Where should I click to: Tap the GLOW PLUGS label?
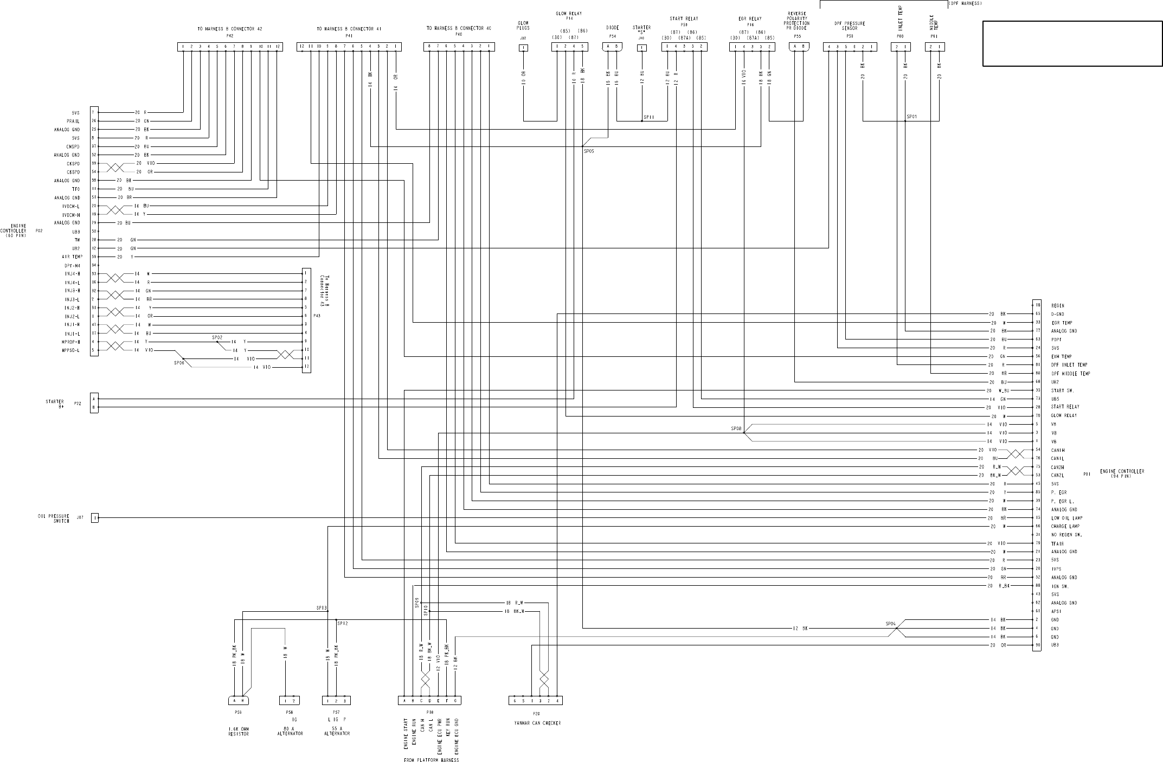pyautogui.click(x=523, y=25)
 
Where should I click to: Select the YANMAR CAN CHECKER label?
pyautogui.click(x=537, y=723)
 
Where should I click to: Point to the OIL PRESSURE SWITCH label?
pyautogui.click(x=57, y=518)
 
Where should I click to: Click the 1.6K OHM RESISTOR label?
pyautogui.click(x=239, y=731)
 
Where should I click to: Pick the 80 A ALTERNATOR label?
pyautogui.click(x=290, y=731)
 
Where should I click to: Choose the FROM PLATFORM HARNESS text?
pyautogui.click(x=432, y=759)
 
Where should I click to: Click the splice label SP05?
pyautogui.click(x=589, y=151)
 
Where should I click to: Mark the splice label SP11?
pyautogui.click(x=649, y=117)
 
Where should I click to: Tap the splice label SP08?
pyautogui.click(x=736, y=429)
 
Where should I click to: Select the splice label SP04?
pyautogui.click(x=891, y=624)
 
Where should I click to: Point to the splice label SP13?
pyautogui.click(x=322, y=608)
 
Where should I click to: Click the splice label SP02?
pyautogui.click(x=217, y=337)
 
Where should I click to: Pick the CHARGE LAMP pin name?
pyautogui.click(x=1065, y=526)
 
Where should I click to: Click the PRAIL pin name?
pyautogui.click(x=73, y=121)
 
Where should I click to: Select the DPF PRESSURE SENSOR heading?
pyautogui.click(x=850, y=26)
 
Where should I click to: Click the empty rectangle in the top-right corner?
pyautogui.click(x=1072, y=43)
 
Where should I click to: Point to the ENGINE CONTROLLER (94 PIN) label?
pyautogui.click(x=1122, y=473)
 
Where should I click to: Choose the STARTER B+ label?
pyautogui.click(x=55, y=404)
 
